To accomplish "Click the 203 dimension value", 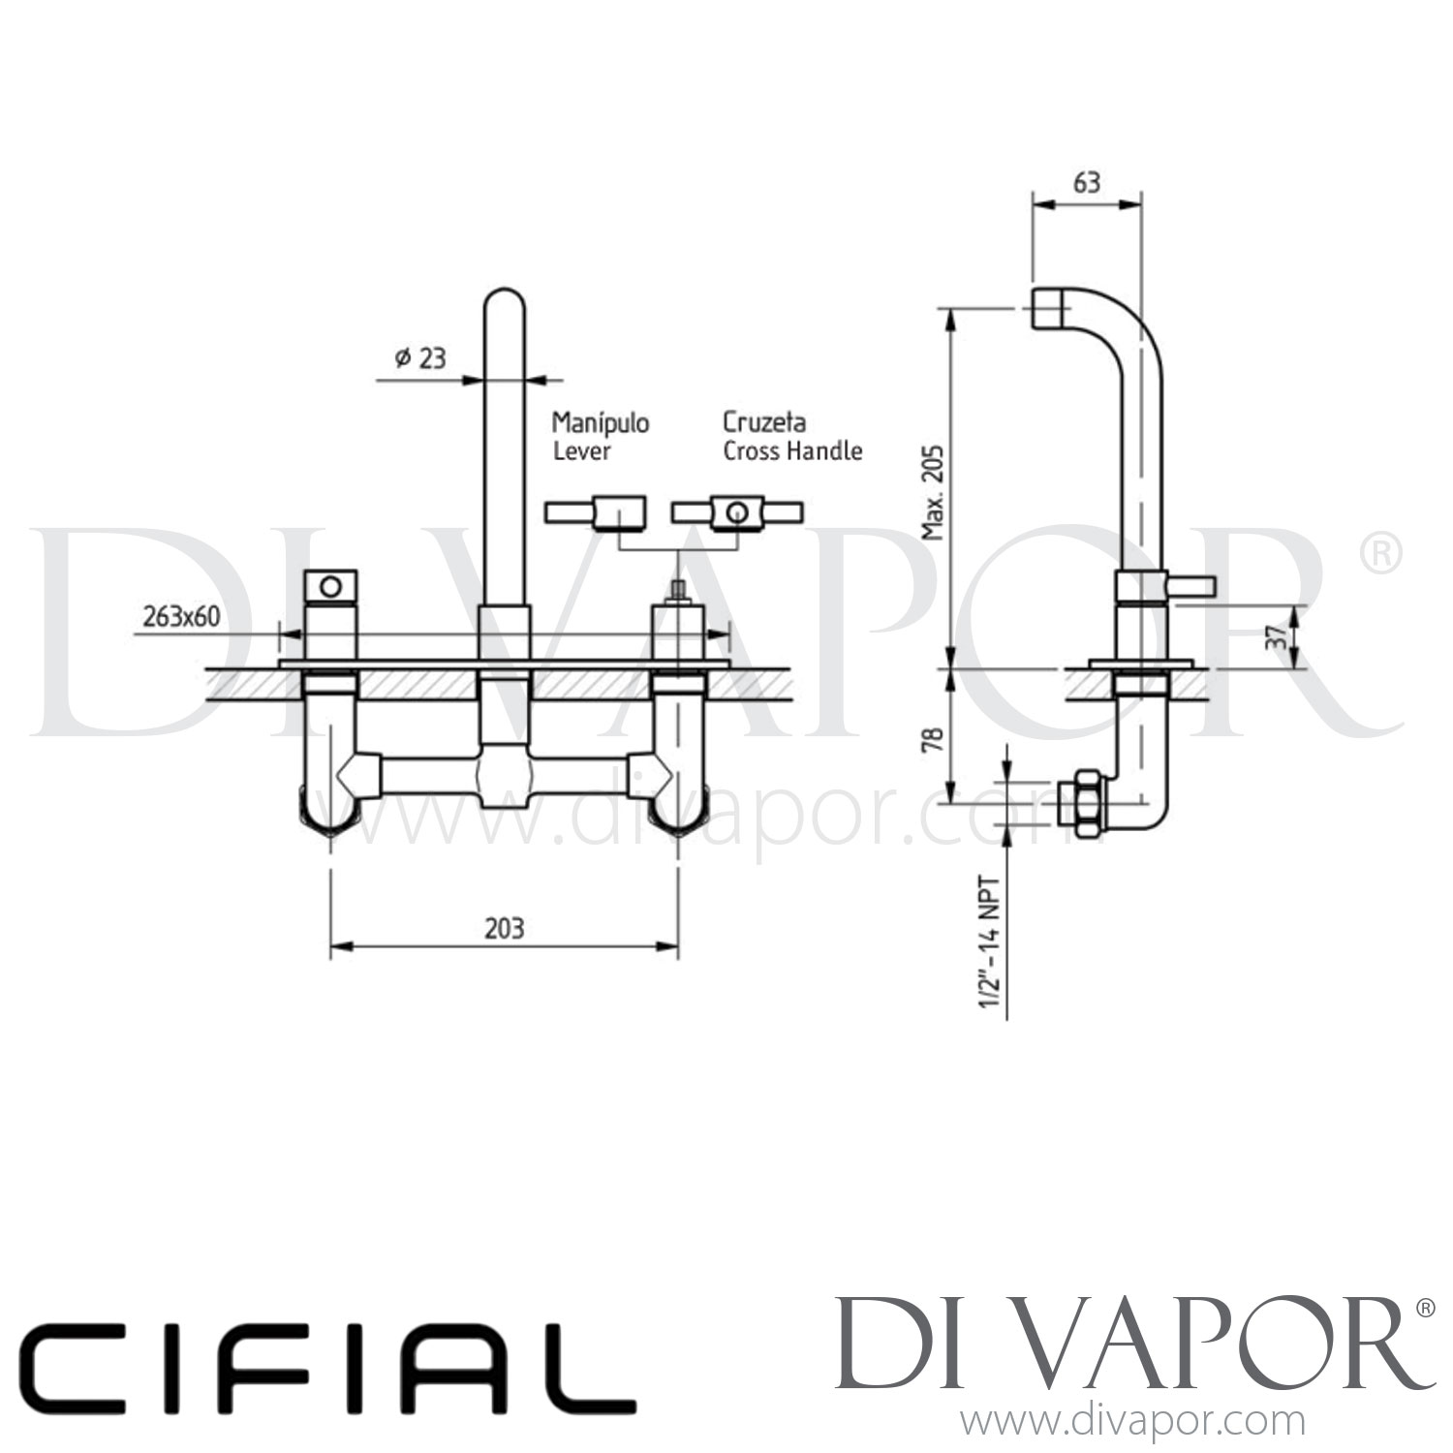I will [x=504, y=928].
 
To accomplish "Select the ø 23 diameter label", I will [x=419, y=357].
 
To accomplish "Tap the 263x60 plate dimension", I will [x=181, y=616].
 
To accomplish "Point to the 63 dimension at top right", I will [x=1087, y=182].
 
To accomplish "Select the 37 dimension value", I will [x=1279, y=636].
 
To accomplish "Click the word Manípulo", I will [x=601, y=423].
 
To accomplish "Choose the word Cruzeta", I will [x=764, y=422].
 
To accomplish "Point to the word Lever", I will [x=582, y=451].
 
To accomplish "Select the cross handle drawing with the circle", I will [x=736, y=512].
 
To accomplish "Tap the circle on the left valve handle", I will [x=330, y=585].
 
